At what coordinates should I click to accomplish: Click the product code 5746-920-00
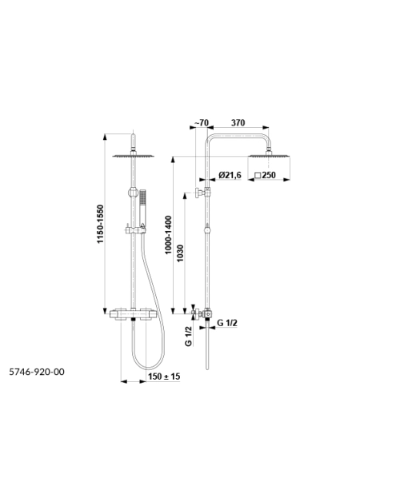(37, 372)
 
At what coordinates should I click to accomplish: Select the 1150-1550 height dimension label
(101, 224)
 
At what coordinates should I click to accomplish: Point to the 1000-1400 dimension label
(169, 235)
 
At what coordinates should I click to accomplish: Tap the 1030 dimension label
(180, 253)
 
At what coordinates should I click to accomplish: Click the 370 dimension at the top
(238, 122)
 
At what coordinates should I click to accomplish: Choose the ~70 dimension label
(202, 122)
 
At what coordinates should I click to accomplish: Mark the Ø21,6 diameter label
(230, 175)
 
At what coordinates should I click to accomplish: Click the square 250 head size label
(265, 175)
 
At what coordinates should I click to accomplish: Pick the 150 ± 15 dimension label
(164, 376)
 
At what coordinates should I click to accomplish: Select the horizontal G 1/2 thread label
(227, 323)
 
